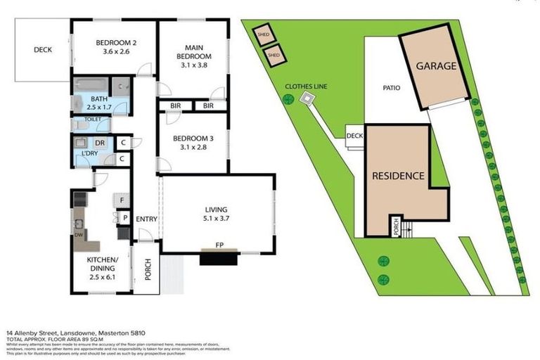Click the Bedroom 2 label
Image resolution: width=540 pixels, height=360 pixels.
(x=115, y=42)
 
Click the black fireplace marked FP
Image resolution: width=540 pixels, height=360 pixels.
(x=220, y=257)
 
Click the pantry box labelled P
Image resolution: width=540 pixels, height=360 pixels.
(x=124, y=218)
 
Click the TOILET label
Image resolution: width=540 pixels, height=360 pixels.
(x=92, y=120)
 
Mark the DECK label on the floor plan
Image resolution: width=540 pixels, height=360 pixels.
(x=43, y=50)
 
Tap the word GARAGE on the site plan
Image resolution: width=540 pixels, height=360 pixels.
(x=436, y=66)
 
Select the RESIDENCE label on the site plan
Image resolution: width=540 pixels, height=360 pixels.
(x=398, y=176)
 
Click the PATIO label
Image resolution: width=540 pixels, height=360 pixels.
(x=392, y=89)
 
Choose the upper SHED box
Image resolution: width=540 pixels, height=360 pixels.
(x=264, y=33)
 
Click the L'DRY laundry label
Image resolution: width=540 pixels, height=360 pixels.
(x=89, y=153)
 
